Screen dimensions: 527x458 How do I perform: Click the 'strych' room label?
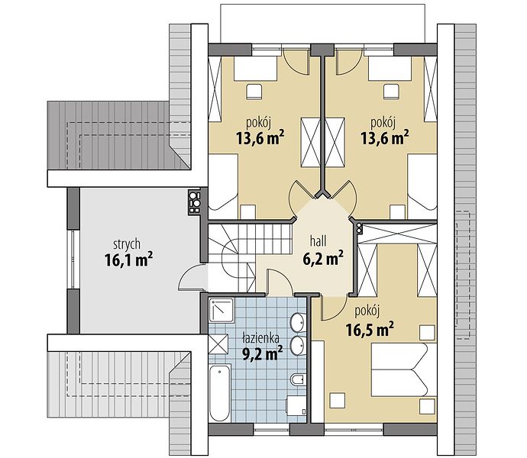point(127,245)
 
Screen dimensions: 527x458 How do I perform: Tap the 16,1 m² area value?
point(129,260)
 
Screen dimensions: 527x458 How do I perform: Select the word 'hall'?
point(318,240)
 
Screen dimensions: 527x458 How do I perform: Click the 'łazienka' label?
point(260,337)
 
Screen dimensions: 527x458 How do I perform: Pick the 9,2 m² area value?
point(263,353)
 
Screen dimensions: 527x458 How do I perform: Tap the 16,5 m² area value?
point(370,329)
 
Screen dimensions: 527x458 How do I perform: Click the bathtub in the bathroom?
point(219,393)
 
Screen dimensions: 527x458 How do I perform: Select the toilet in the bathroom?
point(299,379)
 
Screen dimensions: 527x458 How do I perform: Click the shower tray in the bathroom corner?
point(221,310)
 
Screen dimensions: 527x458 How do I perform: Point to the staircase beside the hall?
point(249,257)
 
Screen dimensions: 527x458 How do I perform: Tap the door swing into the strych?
point(192,276)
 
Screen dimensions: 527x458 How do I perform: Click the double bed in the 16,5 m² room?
point(404,369)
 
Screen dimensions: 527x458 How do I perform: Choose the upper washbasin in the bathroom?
point(298,321)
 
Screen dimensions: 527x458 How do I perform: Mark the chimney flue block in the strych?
point(194,202)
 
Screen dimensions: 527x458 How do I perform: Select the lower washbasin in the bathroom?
point(298,346)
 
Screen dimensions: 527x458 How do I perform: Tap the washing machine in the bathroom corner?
point(296,405)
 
